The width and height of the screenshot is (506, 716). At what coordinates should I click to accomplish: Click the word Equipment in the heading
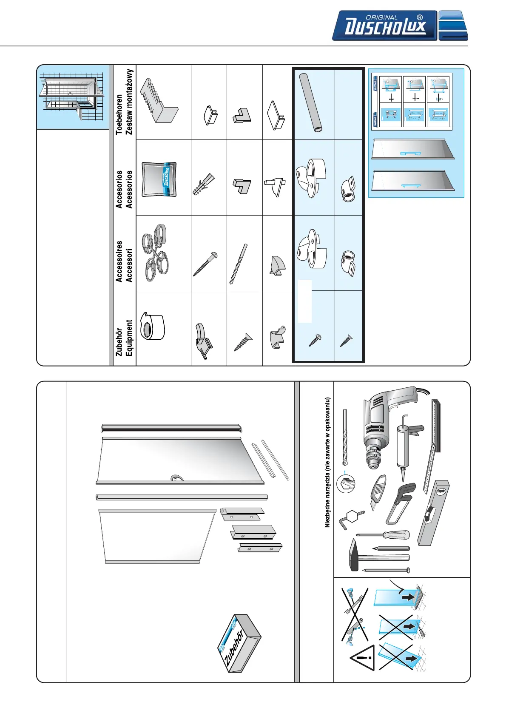[x=129, y=338]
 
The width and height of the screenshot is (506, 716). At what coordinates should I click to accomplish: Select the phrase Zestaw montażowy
[x=129, y=102]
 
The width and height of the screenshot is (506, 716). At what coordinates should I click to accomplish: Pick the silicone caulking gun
[x=406, y=446]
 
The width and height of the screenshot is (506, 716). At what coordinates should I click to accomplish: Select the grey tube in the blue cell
[x=311, y=102]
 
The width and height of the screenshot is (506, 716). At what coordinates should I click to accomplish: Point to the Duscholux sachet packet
[x=159, y=179]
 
